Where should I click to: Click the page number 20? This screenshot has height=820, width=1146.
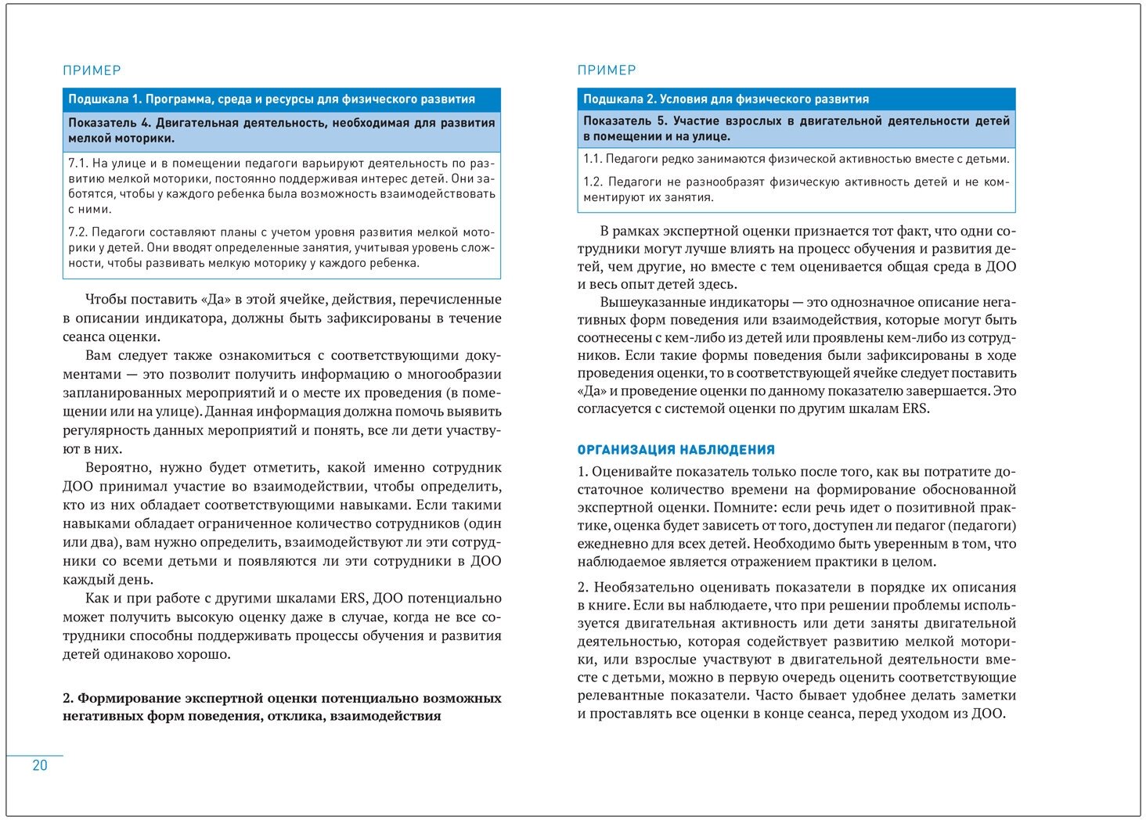40,765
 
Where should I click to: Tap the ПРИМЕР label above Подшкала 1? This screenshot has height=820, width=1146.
92,70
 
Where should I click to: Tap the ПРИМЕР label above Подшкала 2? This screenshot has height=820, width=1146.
607,70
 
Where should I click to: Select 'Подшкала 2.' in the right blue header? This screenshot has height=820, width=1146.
619,99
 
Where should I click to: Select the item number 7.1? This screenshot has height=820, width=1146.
77,164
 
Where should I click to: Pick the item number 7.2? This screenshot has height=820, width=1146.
77,232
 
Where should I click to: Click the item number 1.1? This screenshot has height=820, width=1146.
592,159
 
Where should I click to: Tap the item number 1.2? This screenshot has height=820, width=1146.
593,182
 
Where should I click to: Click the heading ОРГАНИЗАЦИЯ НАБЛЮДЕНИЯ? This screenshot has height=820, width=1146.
676,450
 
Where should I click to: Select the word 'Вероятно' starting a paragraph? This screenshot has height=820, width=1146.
117,468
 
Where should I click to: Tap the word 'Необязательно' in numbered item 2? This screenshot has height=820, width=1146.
642,588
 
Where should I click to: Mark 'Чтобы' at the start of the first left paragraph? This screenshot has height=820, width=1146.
106,300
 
